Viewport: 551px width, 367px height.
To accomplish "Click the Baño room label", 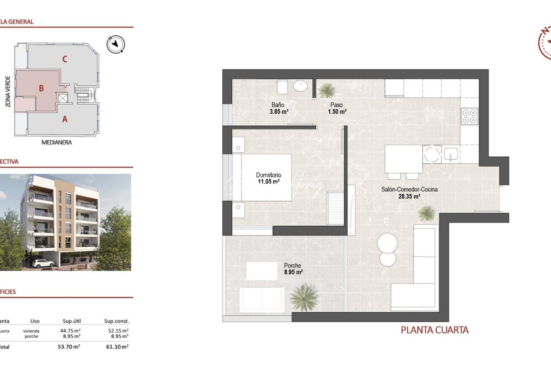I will coord(278,105).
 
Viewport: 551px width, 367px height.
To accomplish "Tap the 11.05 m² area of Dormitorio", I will coord(268,182).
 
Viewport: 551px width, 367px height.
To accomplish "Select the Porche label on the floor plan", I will coord(293,266).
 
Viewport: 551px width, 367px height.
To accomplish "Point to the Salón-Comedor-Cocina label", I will coord(409,190).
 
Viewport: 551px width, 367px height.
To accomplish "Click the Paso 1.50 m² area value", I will coord(337,112).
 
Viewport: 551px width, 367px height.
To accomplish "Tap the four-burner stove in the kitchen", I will coord(470,116).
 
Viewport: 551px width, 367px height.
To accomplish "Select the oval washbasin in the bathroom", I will coord(300,86).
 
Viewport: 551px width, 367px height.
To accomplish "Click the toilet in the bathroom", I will coord(282,87).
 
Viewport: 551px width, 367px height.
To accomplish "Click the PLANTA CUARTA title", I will coord(434,330).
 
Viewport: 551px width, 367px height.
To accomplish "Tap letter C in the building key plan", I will coord(65,59).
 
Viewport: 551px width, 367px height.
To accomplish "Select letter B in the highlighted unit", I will coord(41,88).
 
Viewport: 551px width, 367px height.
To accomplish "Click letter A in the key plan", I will coord(65,119).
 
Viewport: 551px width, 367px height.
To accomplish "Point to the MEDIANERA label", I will coord(56,142).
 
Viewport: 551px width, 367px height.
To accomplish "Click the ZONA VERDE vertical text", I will coord(8,91).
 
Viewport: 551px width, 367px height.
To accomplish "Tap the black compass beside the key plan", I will coord(116,44).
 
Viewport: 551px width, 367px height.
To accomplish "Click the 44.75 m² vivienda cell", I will coord(70,331).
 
